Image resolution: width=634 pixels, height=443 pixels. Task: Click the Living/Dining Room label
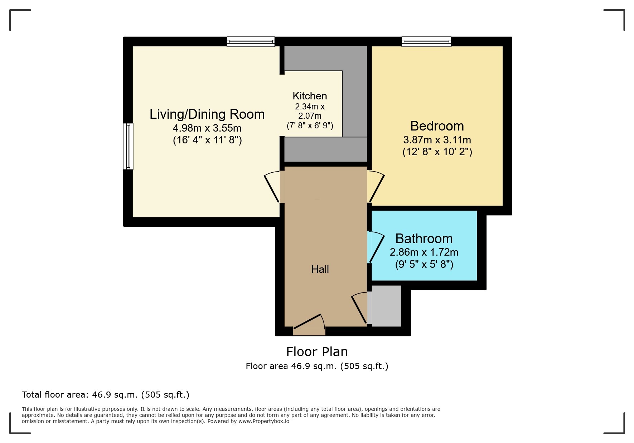point(207,114)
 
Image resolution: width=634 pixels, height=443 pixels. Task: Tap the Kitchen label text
point(310,96)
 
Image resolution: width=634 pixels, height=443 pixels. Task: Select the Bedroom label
point(437,126)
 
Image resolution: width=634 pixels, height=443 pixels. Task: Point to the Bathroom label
point(424,238)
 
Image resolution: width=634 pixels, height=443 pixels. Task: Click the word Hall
point(320,269)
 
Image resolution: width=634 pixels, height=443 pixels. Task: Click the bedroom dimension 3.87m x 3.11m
point(437,140)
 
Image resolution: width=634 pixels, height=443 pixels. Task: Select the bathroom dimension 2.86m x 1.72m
point(424,252)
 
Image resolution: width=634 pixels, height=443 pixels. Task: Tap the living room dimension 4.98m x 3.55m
point(207,128)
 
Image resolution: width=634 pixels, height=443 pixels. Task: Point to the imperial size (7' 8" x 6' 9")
point(310,125)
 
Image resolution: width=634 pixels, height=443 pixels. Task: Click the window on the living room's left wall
point(128,146)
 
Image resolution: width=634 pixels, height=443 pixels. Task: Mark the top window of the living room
point(251,42)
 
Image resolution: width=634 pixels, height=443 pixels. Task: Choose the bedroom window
point(426,42)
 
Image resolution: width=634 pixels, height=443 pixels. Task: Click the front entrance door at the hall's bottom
point(309,325)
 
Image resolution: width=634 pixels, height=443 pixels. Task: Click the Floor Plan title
point(317,352)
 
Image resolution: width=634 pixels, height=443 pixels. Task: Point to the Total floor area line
point(105,395)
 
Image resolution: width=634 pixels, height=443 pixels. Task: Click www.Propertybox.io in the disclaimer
point(264,421)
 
